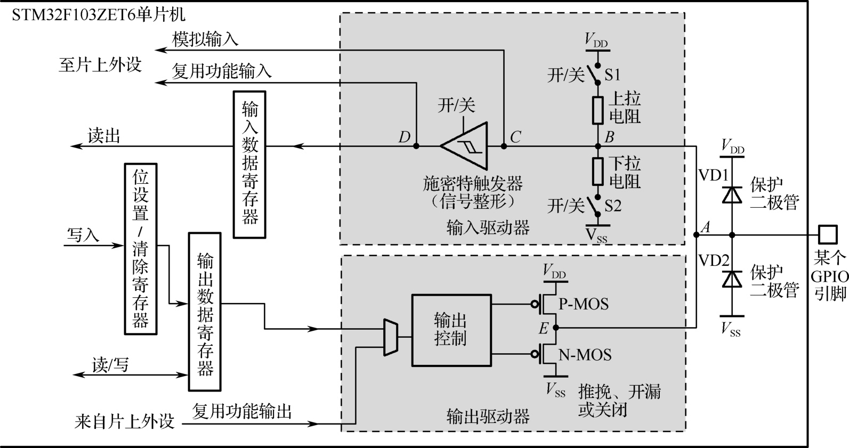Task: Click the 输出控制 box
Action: point(451,330)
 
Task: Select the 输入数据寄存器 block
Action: point(249,164)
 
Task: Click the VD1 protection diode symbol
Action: point(732,194)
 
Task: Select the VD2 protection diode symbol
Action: point(732,278)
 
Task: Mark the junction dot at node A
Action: point(696,234)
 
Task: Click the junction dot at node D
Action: point(416,145)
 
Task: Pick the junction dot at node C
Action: point(503,145)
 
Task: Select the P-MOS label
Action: point(583,304)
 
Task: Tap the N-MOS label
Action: point(585,355)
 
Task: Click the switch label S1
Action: point(612,75)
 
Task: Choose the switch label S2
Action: point(613,206)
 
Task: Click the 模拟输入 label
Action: point(205,39)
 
